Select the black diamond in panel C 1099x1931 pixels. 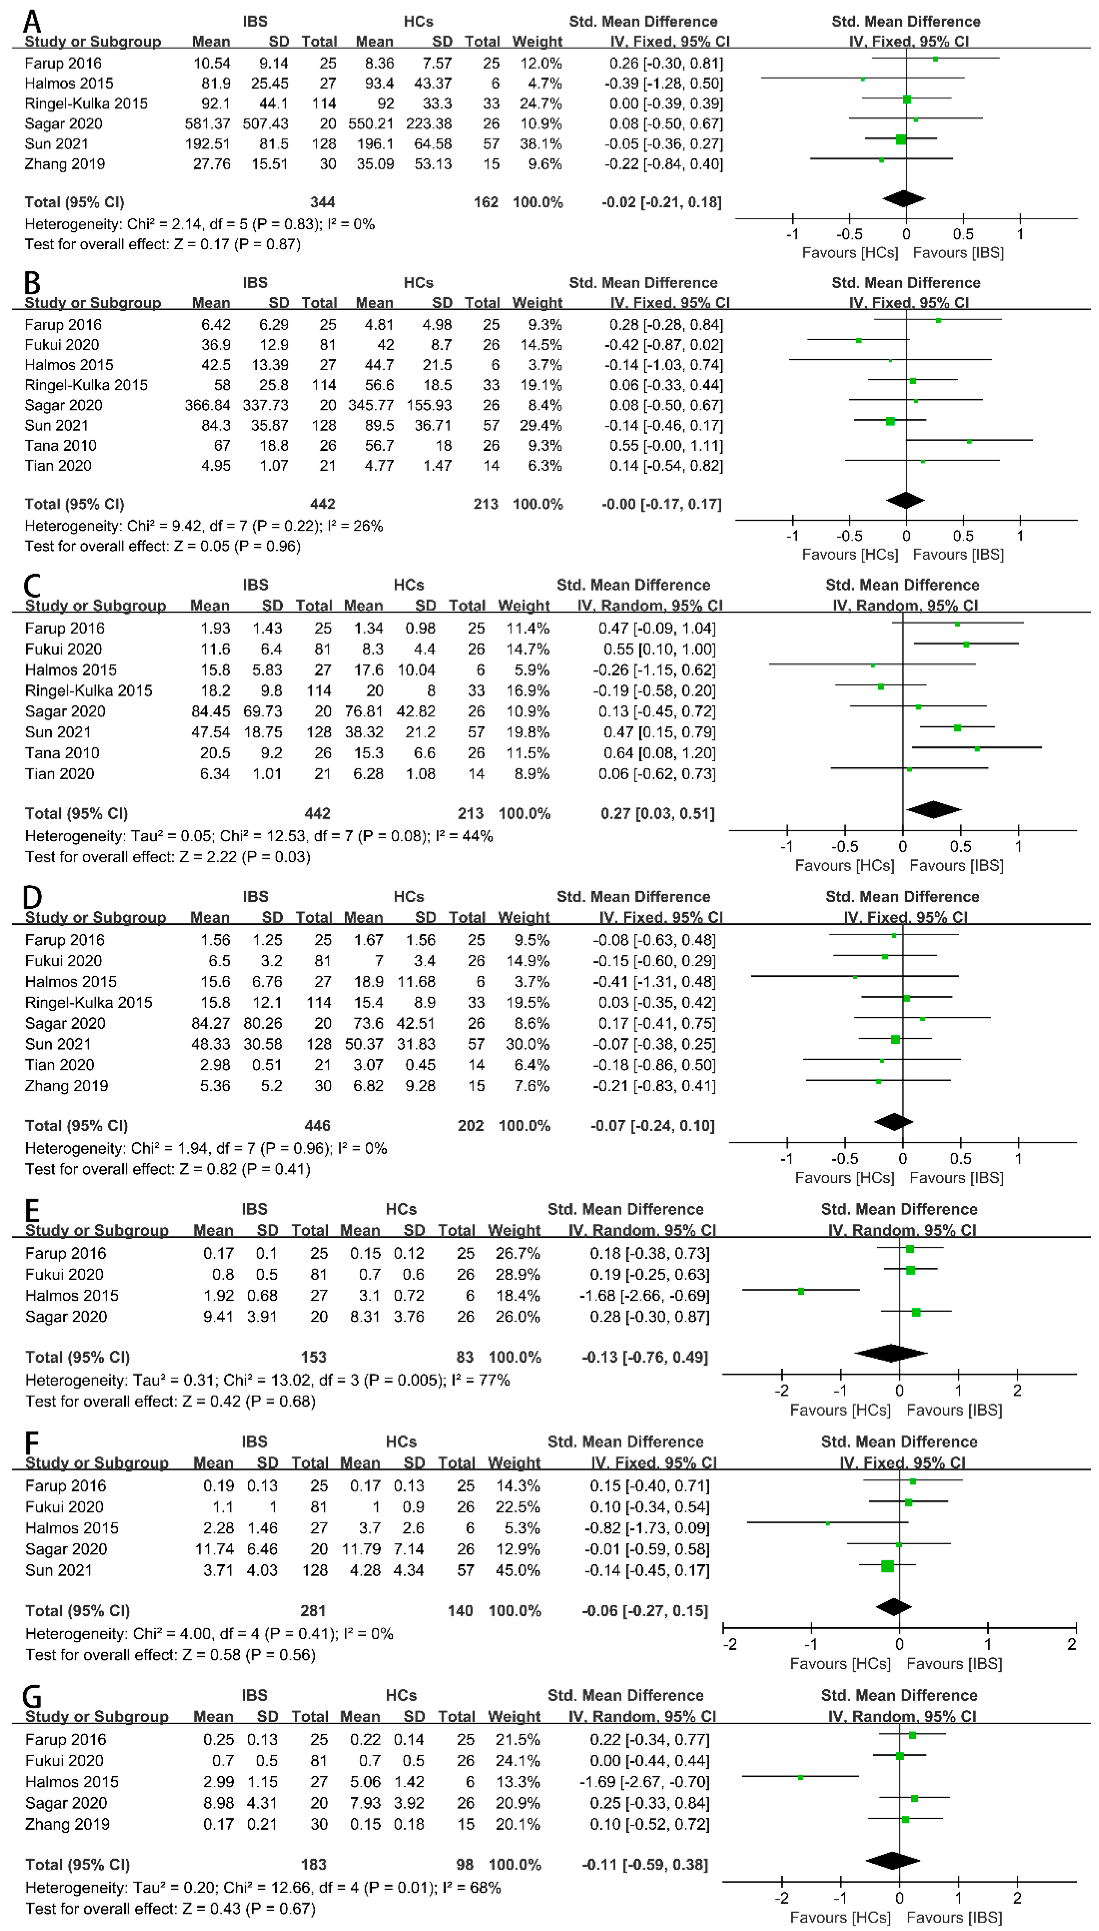(934, 810)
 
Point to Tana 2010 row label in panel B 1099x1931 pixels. (60, 445)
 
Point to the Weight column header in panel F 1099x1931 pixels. (514, 1463)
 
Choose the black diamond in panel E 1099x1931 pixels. (891, 1353)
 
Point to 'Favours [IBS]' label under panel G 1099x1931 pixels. (954, 1917)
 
